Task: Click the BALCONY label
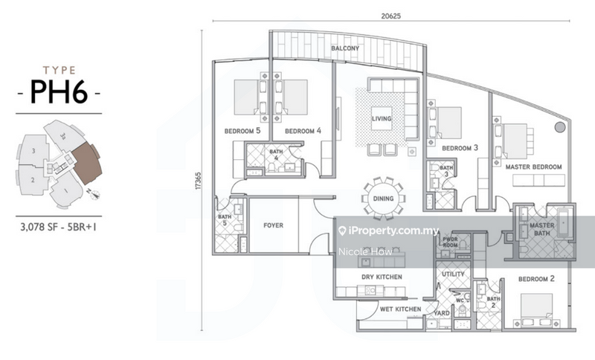click(345, 48)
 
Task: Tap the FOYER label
click(274, 225)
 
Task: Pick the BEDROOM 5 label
click(242, 131)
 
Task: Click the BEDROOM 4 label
click(303, 131)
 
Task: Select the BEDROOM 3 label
click(460, 148)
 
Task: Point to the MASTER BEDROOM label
click(533, 167)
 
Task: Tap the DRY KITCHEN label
click(382, 277)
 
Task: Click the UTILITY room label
click(453, 274)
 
